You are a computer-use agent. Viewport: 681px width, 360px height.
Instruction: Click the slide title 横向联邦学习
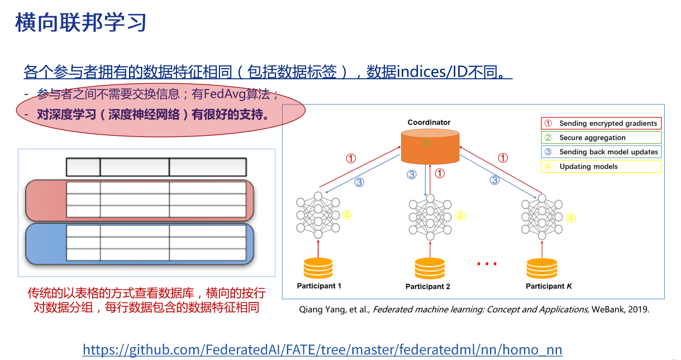82,23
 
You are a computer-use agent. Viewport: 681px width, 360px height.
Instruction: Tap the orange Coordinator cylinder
430,144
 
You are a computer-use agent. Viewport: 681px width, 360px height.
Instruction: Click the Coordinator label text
429,122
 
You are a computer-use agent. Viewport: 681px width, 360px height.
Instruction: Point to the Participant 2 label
428,287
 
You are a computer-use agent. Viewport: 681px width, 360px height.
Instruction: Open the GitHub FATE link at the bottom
322,350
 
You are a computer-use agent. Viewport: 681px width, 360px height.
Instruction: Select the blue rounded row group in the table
140,243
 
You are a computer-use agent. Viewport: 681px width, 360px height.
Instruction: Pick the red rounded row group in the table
140,200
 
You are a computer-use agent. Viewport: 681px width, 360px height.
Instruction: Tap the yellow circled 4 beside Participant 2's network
460,215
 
